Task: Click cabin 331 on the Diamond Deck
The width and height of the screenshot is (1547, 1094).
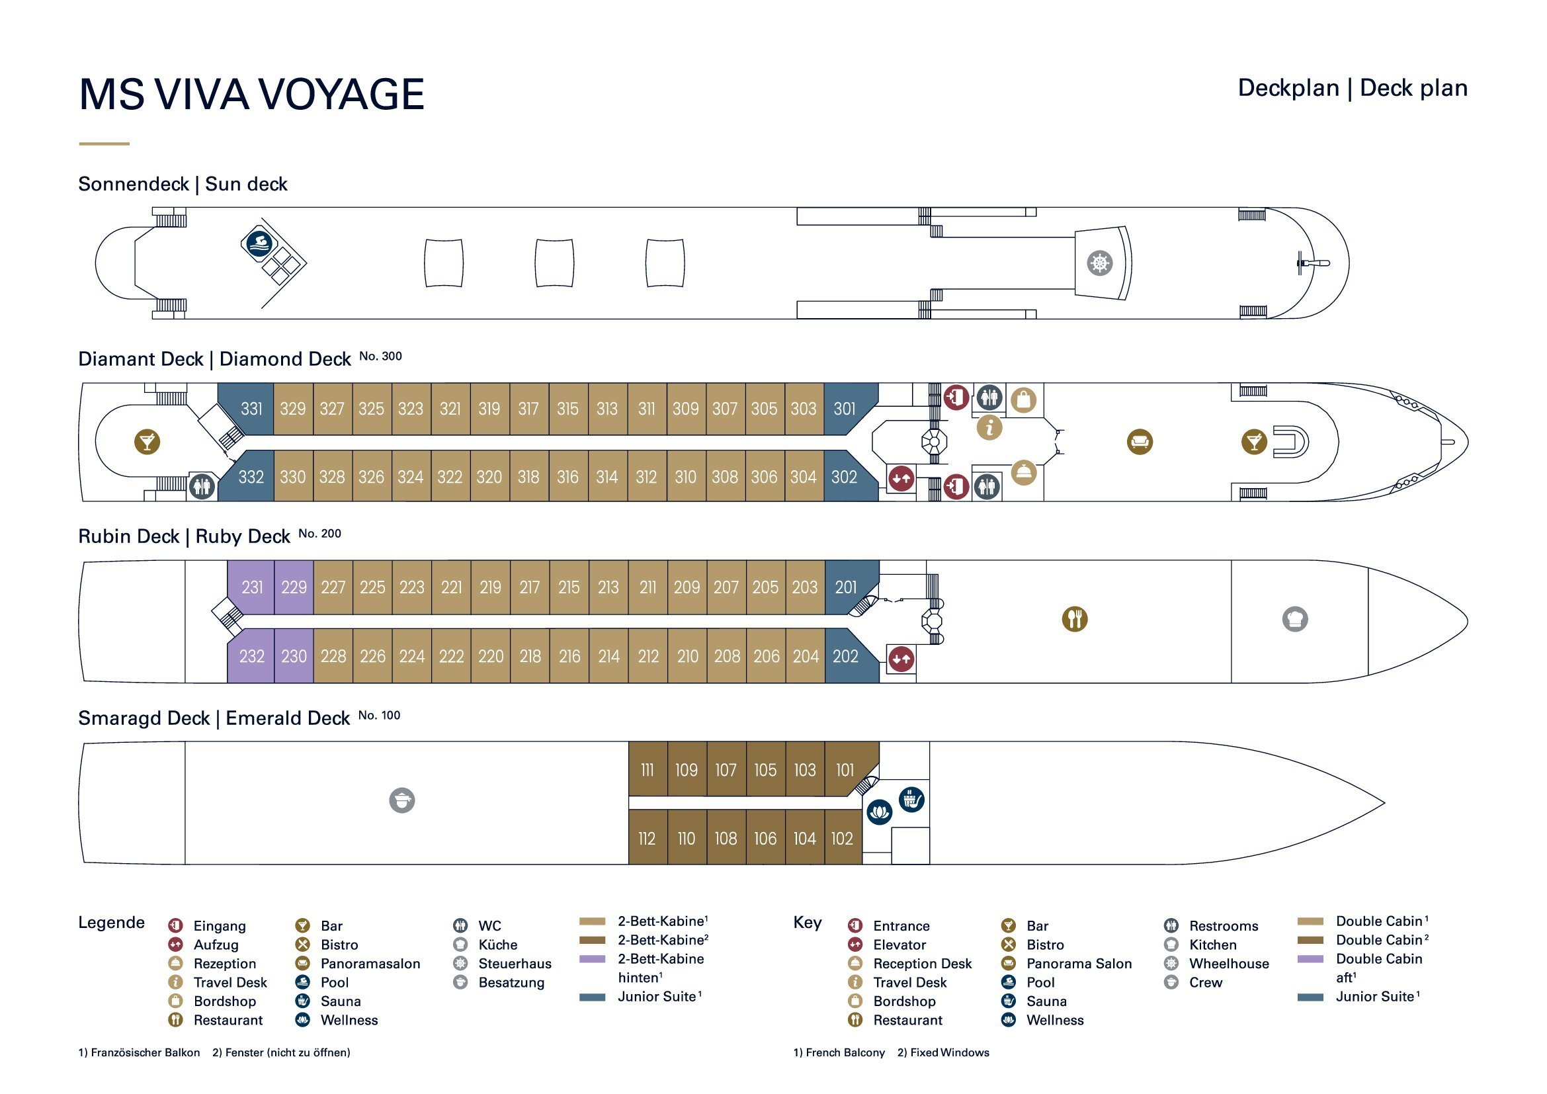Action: [x=251, y=409]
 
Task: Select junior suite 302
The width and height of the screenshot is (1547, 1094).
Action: [x=844, y=477]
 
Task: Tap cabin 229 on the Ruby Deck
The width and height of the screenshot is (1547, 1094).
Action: [x=294, y=587]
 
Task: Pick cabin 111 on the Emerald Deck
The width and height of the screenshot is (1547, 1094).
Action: [x=647, y=770]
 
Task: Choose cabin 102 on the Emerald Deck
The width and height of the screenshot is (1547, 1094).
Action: [x=842, y=839]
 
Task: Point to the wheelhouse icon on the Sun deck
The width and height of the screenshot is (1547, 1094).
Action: [x=1100, y=263]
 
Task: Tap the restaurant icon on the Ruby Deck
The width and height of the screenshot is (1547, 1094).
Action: [x=1075, y=618]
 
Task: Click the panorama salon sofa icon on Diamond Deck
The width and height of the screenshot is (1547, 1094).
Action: [x=1140, y=442]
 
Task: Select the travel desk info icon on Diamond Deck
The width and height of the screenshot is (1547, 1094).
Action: [x=989, y=428]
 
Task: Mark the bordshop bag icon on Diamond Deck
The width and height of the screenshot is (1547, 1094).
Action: [x=1023, y=400]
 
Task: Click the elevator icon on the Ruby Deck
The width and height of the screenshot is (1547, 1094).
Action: [x=901, y=659]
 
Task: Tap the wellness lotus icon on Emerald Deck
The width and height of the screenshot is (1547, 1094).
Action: [x=879, y=812]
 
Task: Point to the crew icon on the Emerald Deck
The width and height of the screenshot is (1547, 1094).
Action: [x=402, y=800]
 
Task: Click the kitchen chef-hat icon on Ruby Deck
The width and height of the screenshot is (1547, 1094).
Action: [x=1295, y=618]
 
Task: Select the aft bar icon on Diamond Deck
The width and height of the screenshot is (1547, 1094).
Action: [x=147, y=442]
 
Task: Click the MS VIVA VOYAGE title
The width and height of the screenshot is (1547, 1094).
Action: [x=251, y=94]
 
